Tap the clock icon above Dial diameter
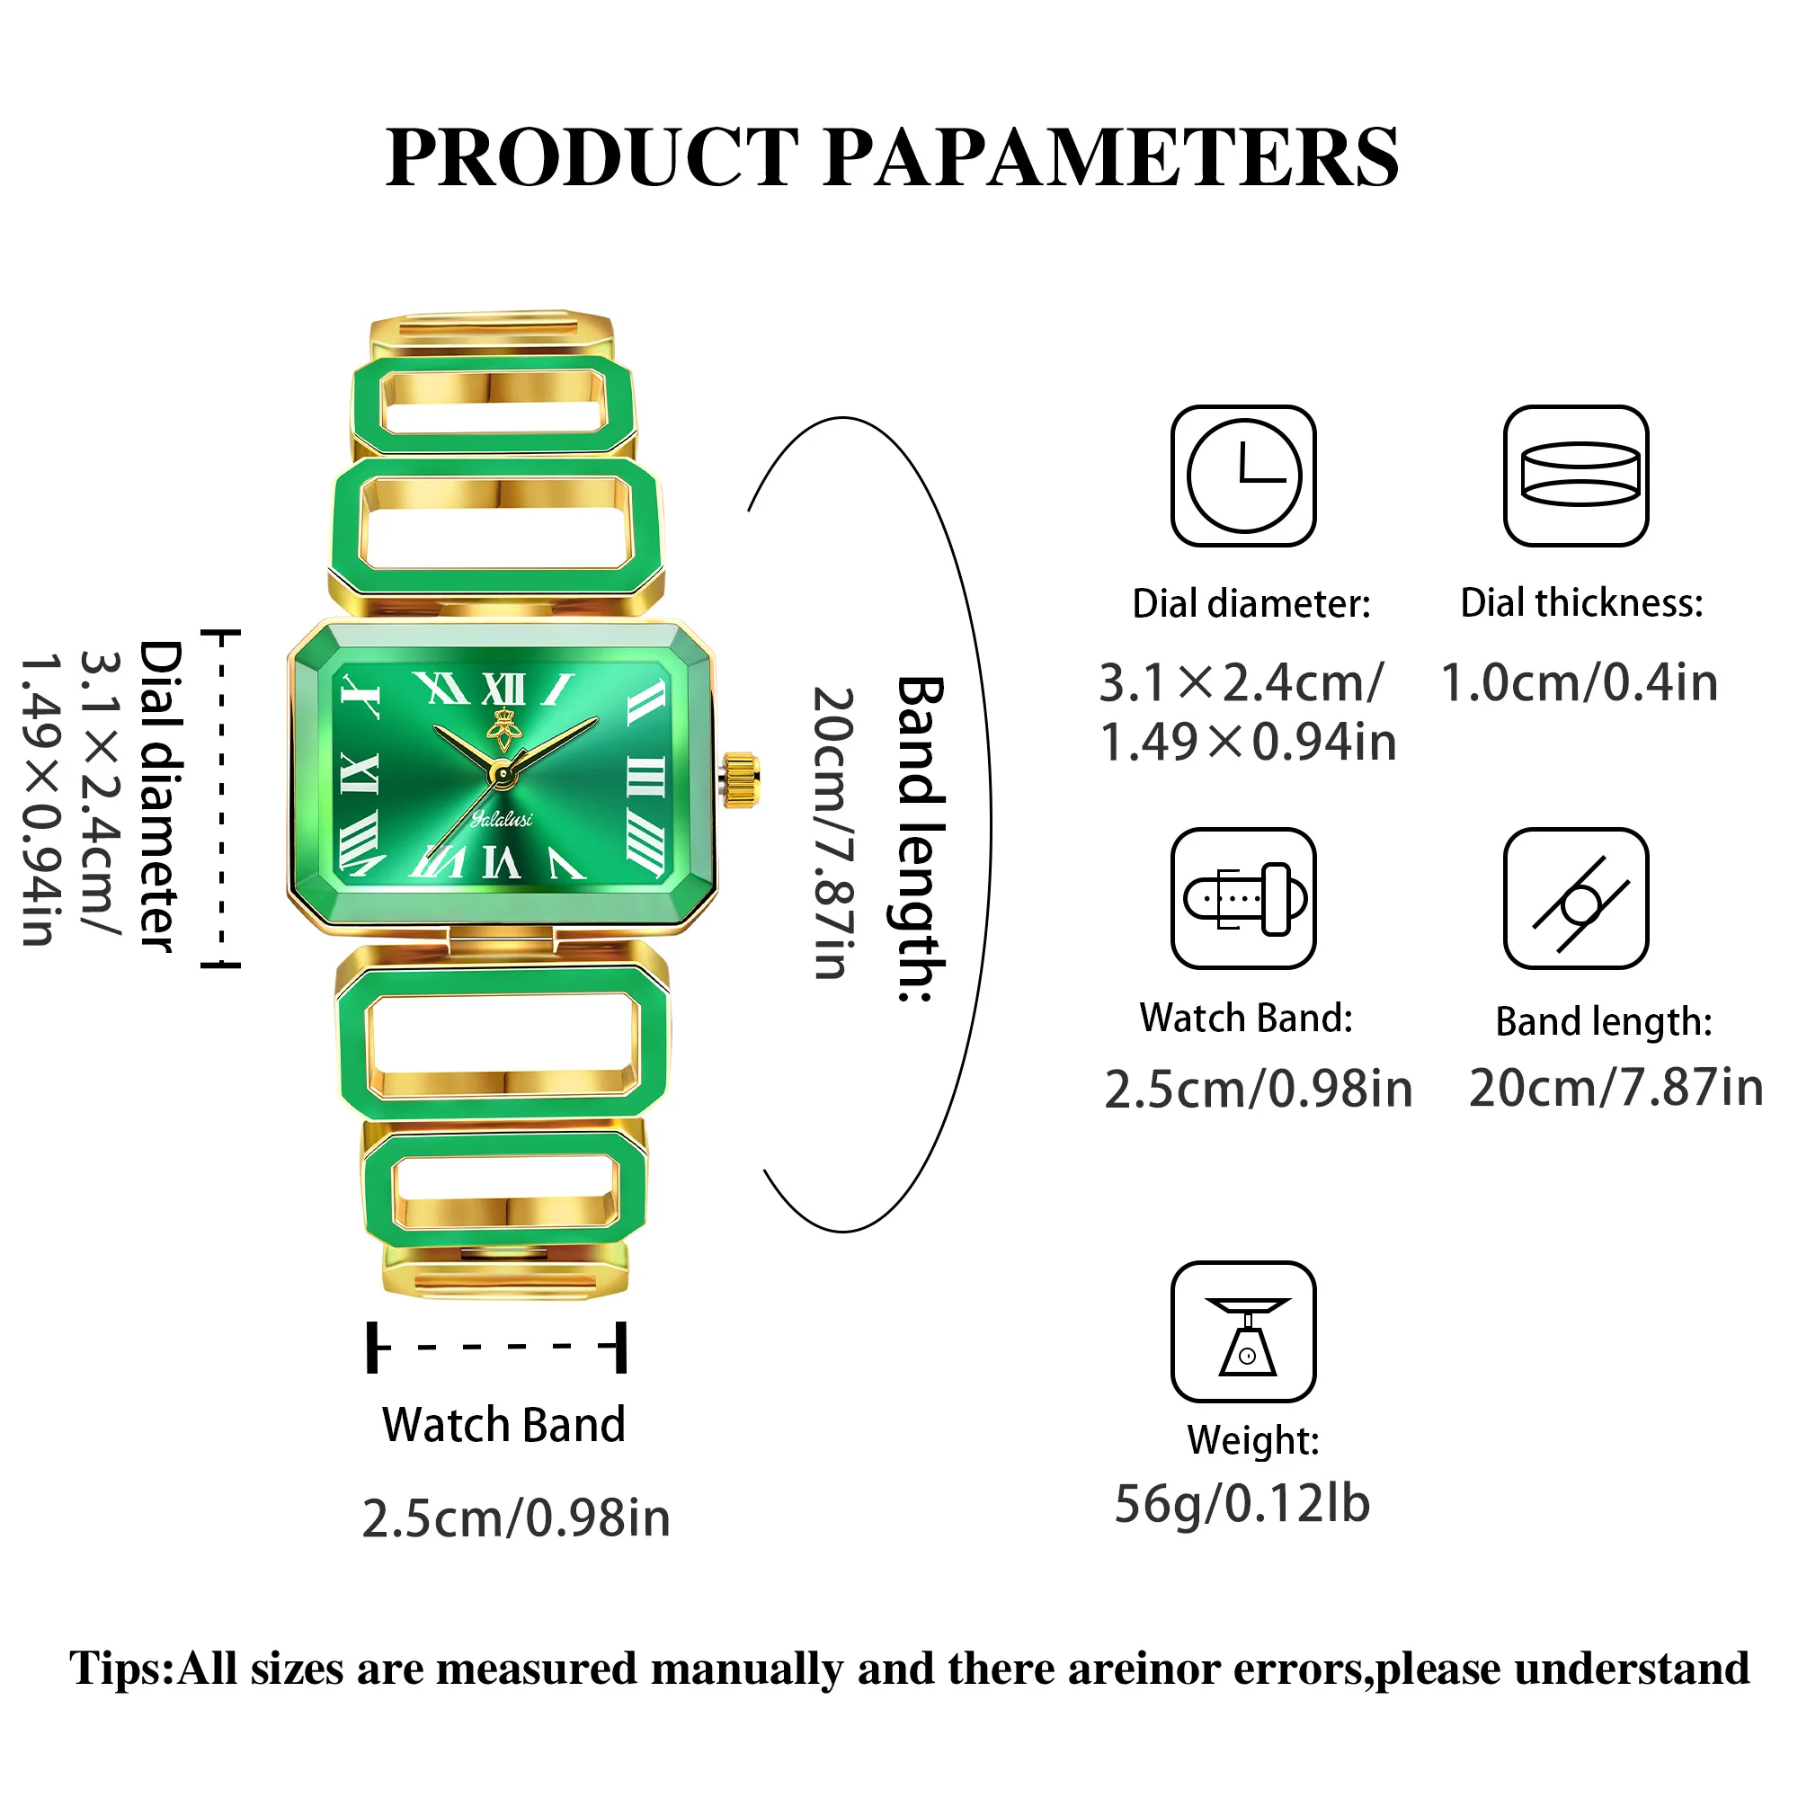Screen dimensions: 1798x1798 (x=1243, y=476)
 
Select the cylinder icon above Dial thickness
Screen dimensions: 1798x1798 (x=1577, y=476)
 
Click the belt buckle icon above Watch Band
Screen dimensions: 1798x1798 (x=1243, y=898)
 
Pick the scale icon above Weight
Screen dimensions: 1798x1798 (x=1243, y=1331)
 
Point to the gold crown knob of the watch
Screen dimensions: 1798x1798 (x=742, y=779)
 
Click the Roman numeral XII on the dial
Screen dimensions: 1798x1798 (x=503, y=690)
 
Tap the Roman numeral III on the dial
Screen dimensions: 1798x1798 (x=645, y=777)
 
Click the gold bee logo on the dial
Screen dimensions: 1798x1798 (x=504, y=729)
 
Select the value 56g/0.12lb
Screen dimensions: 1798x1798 (x=1242, y=1504)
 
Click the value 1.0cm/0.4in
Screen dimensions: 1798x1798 (x=1579, y=682)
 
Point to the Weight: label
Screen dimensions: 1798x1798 (x=1252, y=1439)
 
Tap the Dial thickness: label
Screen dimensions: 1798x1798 (x=1581, y=603)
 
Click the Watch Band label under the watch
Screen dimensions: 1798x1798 (x=503, y=1425)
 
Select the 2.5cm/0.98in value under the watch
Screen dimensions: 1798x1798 (x=515, y=1518)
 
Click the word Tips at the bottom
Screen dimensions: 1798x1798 (x=120, y=1669)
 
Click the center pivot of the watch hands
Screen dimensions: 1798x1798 (x=503, y=774)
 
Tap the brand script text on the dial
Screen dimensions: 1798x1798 (x=502, y=819)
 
